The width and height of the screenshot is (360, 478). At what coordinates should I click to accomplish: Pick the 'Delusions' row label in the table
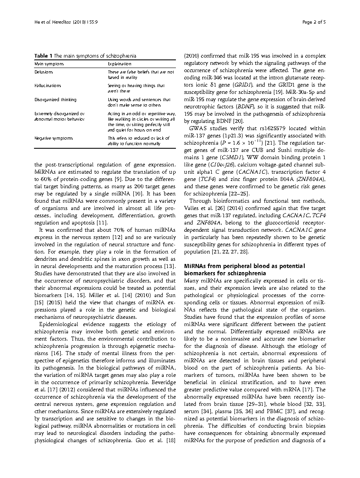point(44,72)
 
